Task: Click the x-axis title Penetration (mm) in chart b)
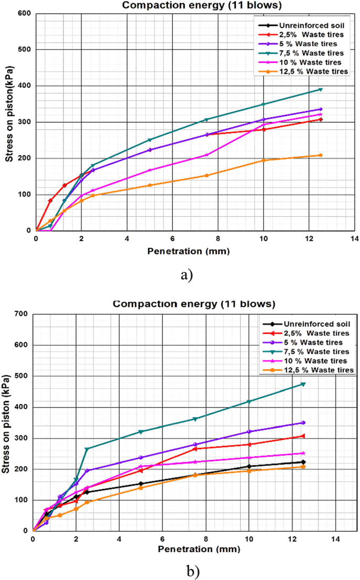(199, 550)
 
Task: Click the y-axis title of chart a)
(9, 122)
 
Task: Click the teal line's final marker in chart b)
(303, 384)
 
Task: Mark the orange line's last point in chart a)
(320, 155)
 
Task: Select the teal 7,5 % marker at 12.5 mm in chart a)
(320, 89)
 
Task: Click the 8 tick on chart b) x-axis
(205, 539)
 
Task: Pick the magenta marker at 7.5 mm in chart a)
(207, 155)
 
